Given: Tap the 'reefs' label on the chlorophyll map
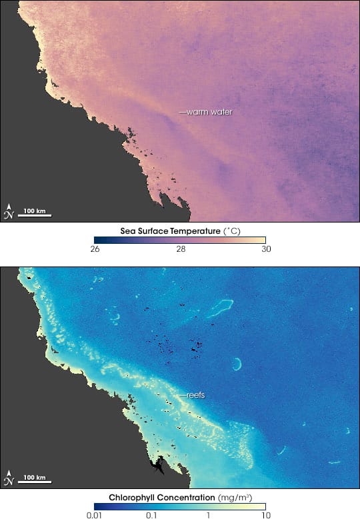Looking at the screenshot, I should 195,394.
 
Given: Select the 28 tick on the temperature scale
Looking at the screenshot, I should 181,249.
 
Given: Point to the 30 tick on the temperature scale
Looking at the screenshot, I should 265,249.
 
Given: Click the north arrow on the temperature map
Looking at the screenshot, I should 9,211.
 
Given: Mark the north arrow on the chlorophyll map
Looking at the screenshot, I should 9,476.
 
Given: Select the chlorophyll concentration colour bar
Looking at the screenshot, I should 180,506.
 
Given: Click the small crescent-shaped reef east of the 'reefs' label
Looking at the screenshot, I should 237,364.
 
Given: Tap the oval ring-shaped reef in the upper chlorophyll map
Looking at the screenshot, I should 220,308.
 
